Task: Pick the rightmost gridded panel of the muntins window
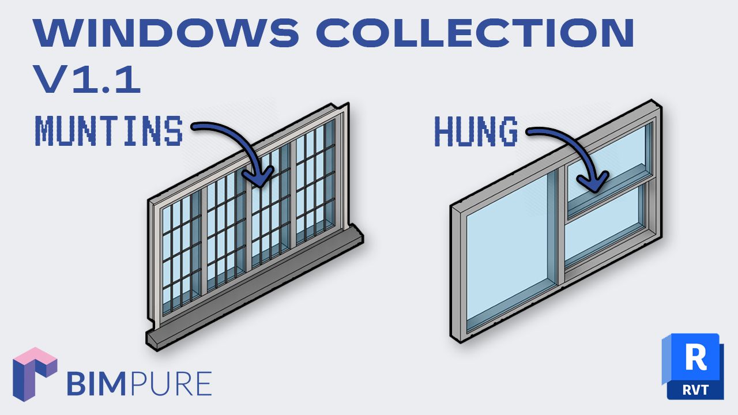tap(315, 184)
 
